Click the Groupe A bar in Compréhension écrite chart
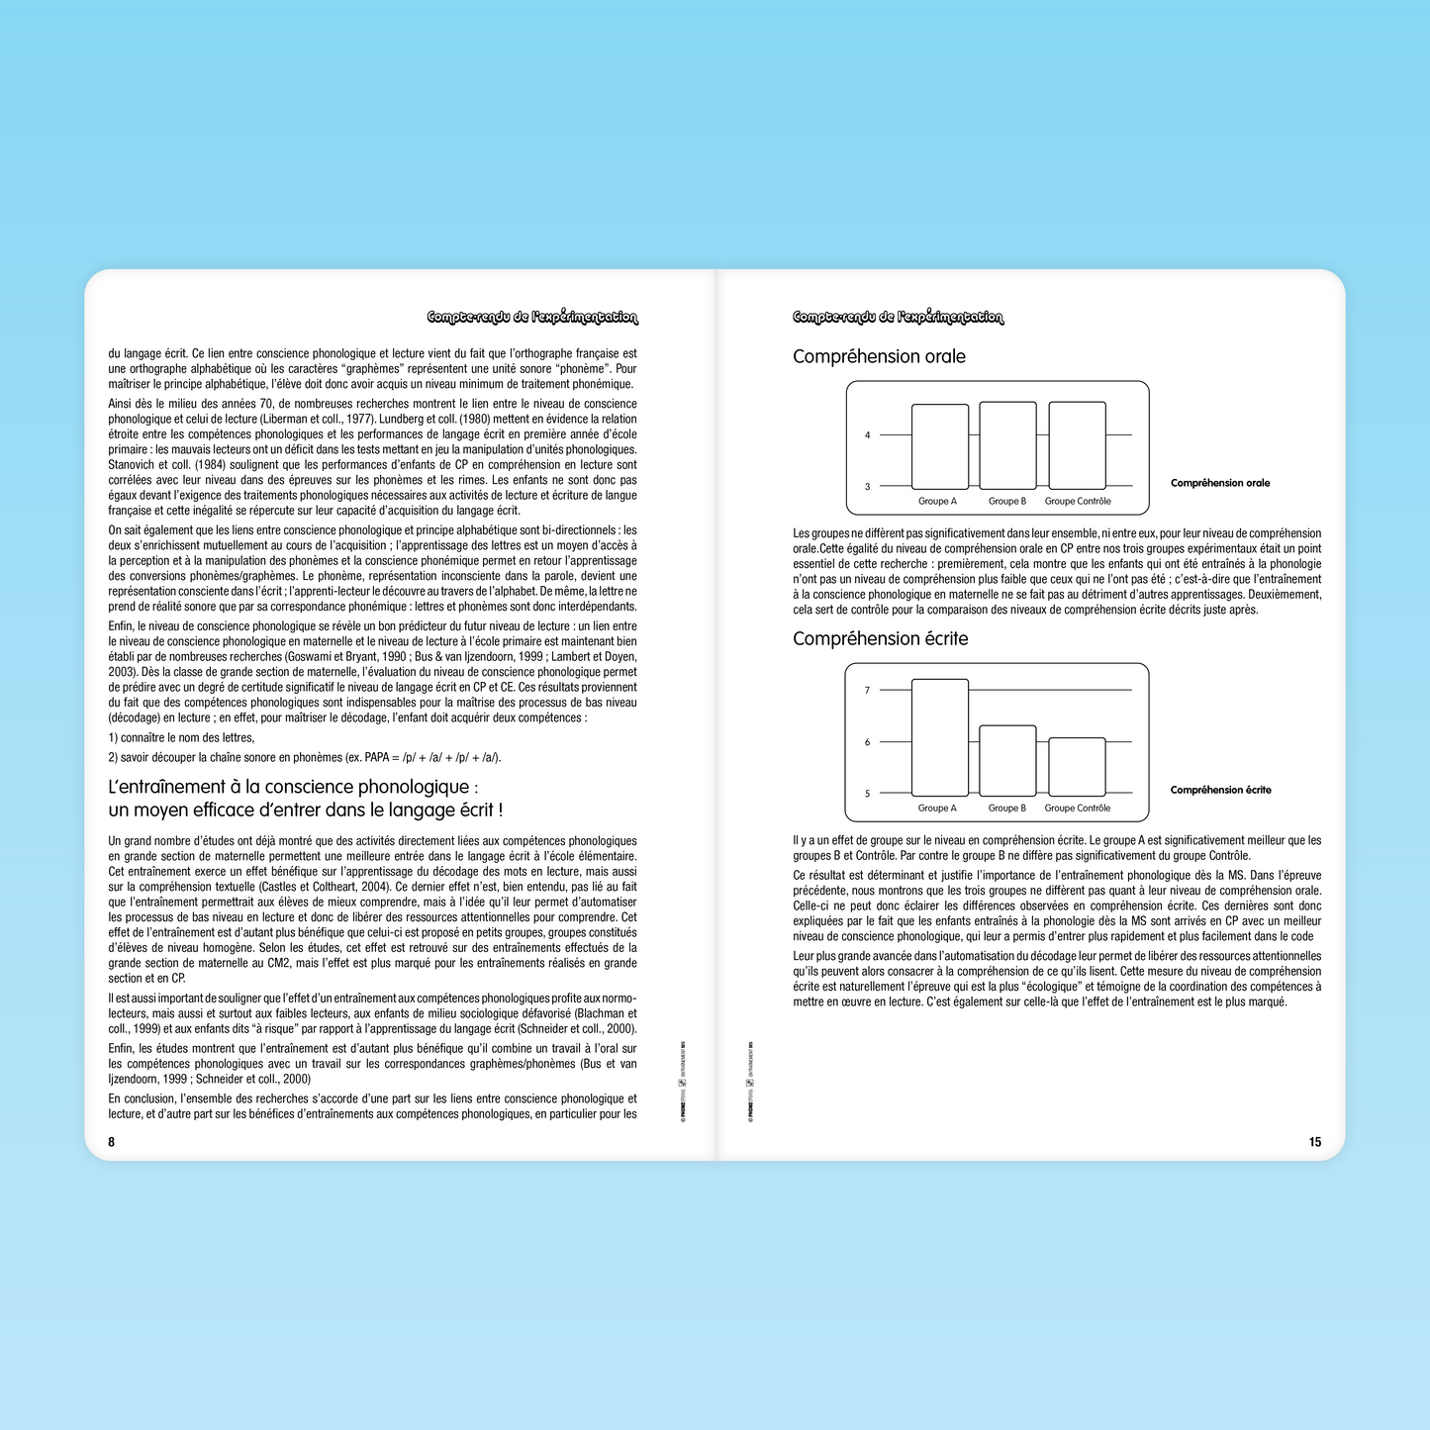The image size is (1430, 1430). tap(939, 737)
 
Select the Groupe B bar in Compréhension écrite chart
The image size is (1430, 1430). tap(1007, 760)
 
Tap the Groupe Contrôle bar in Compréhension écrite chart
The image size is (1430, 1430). tap(1077, 766)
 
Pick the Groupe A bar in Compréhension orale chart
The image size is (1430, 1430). tap(939, 446)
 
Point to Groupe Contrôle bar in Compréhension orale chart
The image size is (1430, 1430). tap(1077, 445)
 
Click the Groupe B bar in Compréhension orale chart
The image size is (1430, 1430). tap(1007, 445)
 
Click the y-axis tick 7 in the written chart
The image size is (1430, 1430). tap(868, 691)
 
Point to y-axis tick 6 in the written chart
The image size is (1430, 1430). tap(868, 742)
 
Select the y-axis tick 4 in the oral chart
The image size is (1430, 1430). tap(868, 435)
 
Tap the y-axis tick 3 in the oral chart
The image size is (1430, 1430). tap(868, 487)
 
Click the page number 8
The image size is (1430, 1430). tap(112, 1142)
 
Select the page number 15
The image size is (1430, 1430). tap(1314, 1142)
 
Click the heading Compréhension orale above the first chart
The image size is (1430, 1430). tap(879, 357)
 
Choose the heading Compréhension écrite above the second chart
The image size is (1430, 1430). tap(880, 639)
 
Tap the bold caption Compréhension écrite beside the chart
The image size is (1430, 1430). tap(1220, 790)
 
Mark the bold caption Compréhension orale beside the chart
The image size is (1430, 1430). tap(1219, 483)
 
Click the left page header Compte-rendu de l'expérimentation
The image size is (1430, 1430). tap(532, 318)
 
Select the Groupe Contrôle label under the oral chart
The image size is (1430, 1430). tap(1078, 502)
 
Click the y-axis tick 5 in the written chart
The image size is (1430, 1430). tap(868, 794)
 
